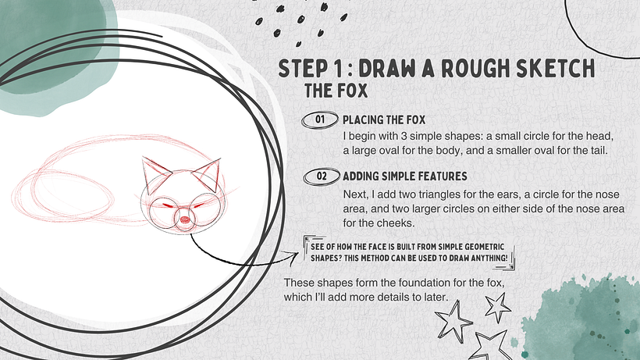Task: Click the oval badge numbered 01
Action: click(x=319, y=119)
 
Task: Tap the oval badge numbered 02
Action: click(x=322, y=176)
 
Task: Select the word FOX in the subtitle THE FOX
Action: click(x=352, y=91)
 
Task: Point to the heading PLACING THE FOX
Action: click(x=384, y=120)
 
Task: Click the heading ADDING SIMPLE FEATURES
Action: click(x=405, y=176)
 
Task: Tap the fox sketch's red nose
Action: click(x=184, y=220)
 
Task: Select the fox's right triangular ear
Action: click(x=208, y=176)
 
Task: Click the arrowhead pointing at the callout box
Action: click(x=293, y=258)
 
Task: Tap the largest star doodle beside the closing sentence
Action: click(x=452, y=320)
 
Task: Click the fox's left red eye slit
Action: click(x=168, y=205)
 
